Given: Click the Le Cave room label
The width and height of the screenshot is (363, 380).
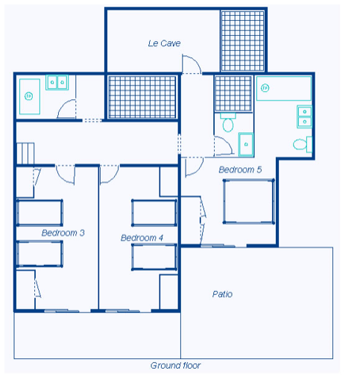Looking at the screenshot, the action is (x=164, y=43).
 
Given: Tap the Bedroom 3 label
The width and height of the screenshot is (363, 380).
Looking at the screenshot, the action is (x=63, y=233).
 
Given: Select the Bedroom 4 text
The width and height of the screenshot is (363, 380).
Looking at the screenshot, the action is (x=142, y=238).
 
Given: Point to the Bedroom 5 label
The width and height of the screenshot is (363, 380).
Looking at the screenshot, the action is (x=240, y=169).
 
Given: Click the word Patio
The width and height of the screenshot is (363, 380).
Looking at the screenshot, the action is (x=222, y=294).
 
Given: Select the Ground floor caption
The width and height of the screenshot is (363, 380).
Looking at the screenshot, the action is (x=175, y=366).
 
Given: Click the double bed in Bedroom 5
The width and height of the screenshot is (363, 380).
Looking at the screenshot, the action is (x=249, y=201).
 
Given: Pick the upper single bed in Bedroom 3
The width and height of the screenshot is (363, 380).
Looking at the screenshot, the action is (x=40, y=213).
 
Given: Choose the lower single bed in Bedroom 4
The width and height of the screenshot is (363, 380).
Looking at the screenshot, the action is (x=154, y=257).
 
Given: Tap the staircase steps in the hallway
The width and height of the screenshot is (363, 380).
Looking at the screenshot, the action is (x=25, y=153).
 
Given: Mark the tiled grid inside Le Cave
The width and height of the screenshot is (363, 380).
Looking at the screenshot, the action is (x=242, y=41).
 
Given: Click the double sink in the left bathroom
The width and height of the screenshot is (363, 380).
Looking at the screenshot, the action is (x=57, y=82).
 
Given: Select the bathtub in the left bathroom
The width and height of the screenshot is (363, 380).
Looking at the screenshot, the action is (x=30, y=96).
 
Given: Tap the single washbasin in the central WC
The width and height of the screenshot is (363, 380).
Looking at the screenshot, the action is (x=246, y=144).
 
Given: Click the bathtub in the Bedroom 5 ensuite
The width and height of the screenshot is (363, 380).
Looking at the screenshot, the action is (x=284, y=88).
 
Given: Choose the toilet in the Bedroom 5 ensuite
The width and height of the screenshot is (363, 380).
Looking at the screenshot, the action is (x=303, y=144).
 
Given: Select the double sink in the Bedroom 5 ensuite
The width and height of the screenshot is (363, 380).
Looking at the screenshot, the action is (x=304, y=116).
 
